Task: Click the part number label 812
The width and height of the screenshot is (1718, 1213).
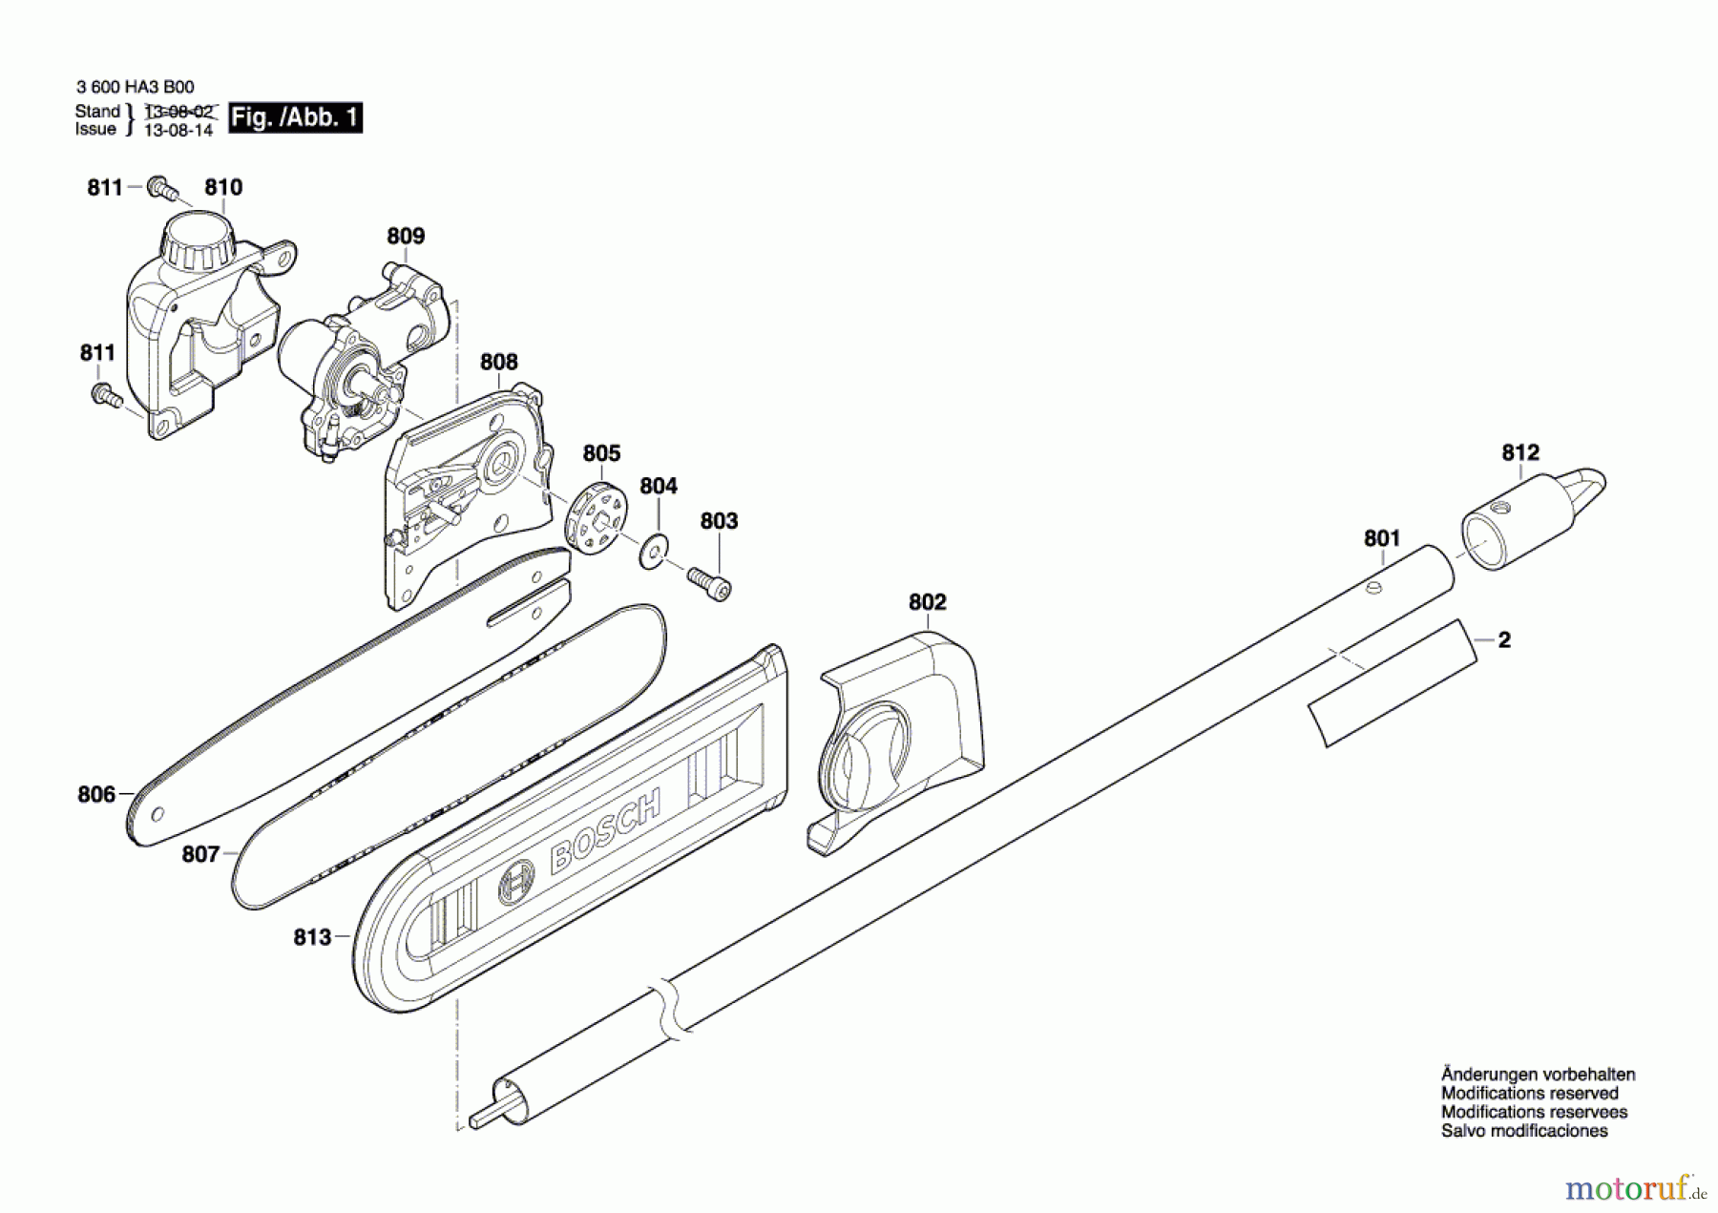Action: coord(1520,452)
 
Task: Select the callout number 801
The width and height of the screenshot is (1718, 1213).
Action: coord(1381,538)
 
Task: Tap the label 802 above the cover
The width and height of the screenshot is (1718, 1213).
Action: coord(927,602)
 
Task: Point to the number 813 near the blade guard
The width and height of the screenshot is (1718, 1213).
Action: coord(312,938)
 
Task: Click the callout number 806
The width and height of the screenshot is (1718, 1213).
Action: coord(96,794)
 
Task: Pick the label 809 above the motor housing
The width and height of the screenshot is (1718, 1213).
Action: coord(406,236)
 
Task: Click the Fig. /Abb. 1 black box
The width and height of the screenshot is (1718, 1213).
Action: coord(296,117)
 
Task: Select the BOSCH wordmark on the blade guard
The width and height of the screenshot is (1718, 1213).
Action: coord(606,831)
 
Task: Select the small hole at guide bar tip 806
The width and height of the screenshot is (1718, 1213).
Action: coord(157,814)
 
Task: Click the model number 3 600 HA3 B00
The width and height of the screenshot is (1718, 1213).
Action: coord(135,87)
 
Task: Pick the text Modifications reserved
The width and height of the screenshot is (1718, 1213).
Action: coord(1529,1094)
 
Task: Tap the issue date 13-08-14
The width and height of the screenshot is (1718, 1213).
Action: coord(178,131)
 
